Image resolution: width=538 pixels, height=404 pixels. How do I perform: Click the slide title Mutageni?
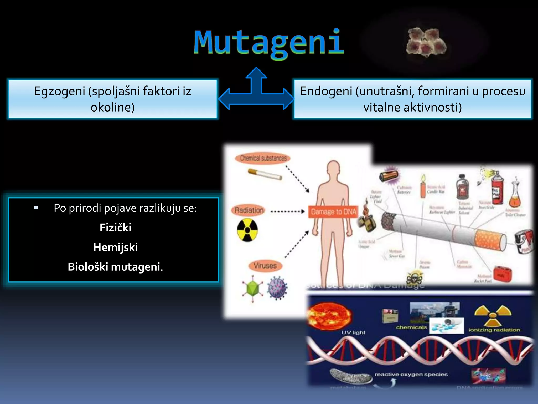(x=269, y=43)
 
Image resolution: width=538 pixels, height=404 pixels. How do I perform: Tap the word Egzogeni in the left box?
(x=60, y=92)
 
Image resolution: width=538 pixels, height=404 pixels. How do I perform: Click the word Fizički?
(x=115, y=228)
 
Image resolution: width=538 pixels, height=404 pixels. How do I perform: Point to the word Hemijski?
(x=115, y=247)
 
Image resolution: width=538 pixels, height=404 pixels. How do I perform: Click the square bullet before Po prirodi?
(x=36, y=208)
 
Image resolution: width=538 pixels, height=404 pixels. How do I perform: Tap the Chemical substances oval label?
(x=263, y=158)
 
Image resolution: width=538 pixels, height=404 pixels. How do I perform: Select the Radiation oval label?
(x=249, y=210)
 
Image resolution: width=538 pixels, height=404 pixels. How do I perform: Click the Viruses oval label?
(x=265, y=266)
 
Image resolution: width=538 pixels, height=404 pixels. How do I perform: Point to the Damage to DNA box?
(x=333, y=212)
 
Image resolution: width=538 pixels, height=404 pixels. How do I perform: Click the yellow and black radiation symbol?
(x=247, y=230)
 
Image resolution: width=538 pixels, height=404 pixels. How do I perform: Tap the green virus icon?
(x=252, y=289)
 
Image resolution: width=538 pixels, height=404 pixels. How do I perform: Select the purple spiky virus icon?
(x=277, y=288)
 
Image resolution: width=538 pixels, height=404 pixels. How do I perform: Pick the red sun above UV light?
(x=329, y=316)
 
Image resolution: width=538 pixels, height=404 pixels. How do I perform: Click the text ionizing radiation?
(x=494, y=330)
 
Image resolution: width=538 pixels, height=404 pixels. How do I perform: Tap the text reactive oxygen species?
(x=411, y=374)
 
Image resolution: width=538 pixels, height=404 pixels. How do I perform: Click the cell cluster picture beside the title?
(x=426, y=42)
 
